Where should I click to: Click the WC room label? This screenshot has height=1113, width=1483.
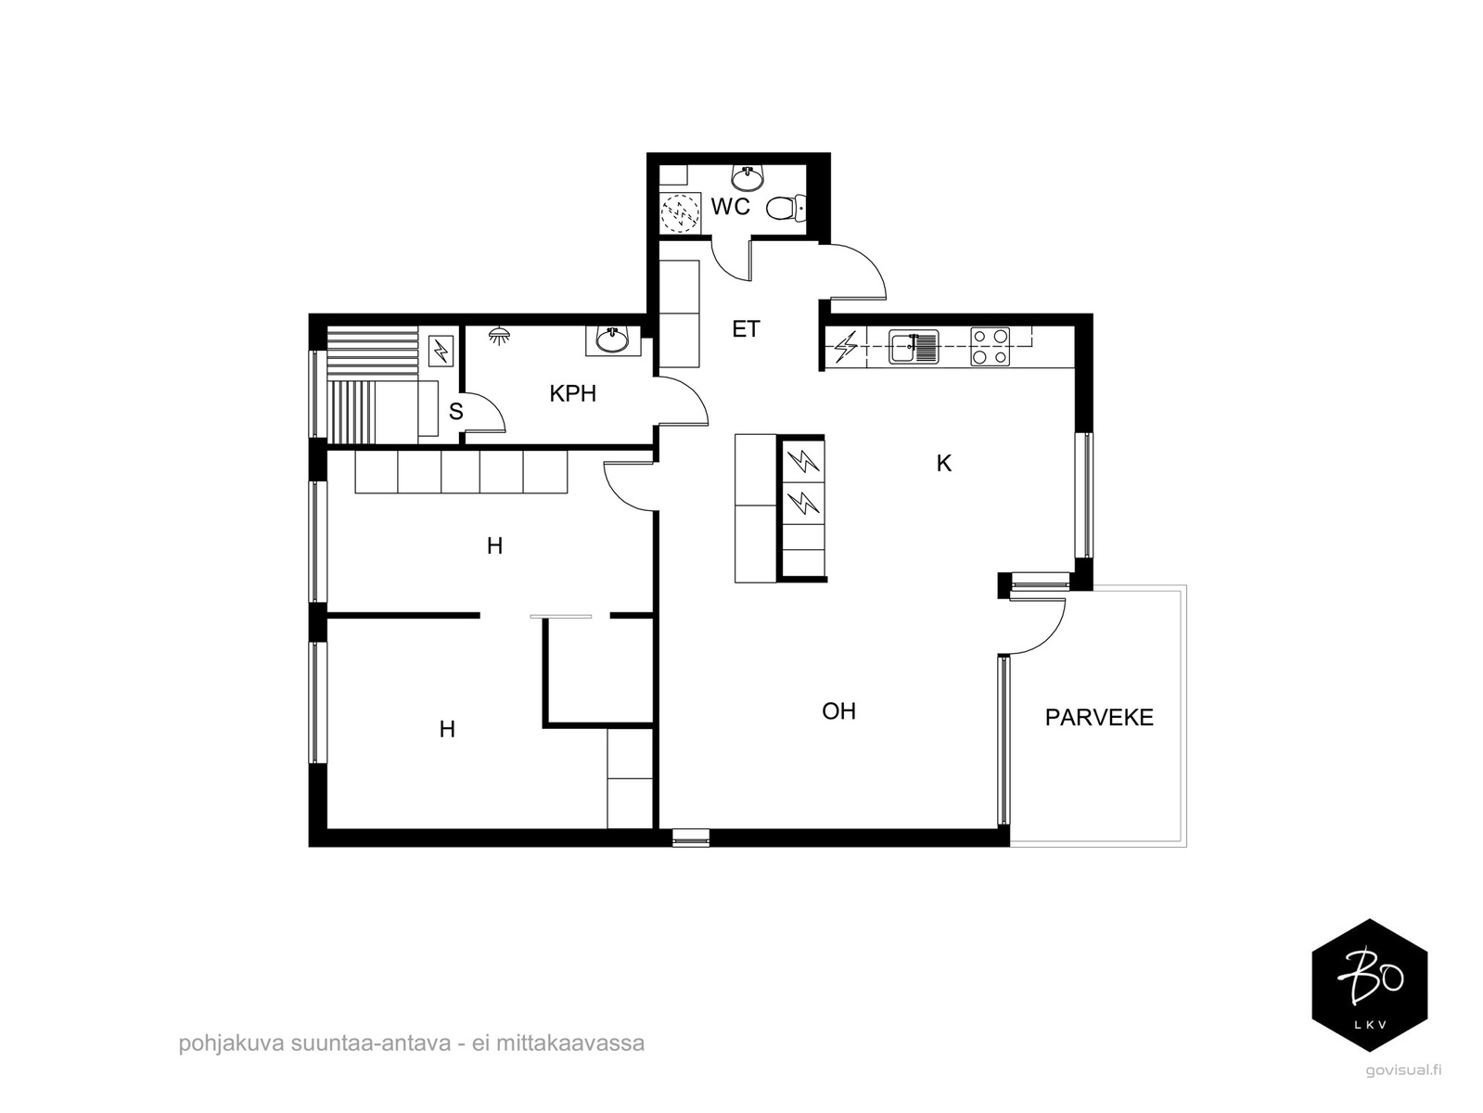tap(730, 207)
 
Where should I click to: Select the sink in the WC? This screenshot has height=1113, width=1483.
tap(748, 178)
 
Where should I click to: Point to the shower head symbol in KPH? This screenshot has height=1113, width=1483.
tap(499, 335)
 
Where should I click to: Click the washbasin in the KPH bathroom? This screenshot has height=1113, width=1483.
tap(613, 339)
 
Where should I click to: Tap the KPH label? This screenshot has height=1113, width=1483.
tap(572, 394)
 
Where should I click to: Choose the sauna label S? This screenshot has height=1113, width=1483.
tap(456, 411)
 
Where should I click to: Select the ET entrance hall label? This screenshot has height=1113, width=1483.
tap(746, 329)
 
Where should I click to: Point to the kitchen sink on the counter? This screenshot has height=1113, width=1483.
tap(914, 347)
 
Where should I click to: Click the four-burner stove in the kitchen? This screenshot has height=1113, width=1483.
tap(990, 347)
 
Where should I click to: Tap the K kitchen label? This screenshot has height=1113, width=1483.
tap(944, 464)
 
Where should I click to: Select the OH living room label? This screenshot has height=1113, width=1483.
tap(838, 711)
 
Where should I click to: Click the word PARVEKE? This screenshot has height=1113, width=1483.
tap(1098, 717)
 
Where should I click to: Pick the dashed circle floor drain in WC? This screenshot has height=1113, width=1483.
tap(681, 212)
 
